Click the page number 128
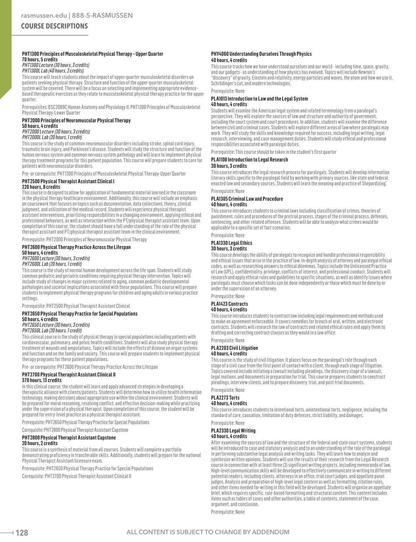pyautogui.click(x=22, y=533)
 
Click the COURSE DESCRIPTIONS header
pyautogui.click(x=54, y=26)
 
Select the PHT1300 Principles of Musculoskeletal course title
pyautogui.click(x=92, y=54)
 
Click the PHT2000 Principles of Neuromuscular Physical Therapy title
pyautogui.click(x=76, y=120)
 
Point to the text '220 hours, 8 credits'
pyautogui.click(x=41, y=187)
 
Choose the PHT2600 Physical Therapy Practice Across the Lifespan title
pyautogui.click(x=76, y=247)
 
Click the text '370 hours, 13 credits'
pyautogui.click(x=42, y=380)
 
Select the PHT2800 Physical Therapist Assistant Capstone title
pyautogui.click(x=69, y=438)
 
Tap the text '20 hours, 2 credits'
pyautogui.click(x=40, y=443)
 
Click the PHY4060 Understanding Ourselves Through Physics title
pyautogui.click(x=261, y=54)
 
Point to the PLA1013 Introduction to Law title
pyautogui.click(x=259, y=99)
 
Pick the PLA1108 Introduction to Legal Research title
pyautogui.click(x=249, y=160)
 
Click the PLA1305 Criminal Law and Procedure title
pyautogui.click(x=247, y=199)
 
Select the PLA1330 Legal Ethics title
pyautogui.click(x=231, y=243)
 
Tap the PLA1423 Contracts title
pyautogui.click(x=229, y=304)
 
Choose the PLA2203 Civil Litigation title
pyautogui.click(x=234, y=348)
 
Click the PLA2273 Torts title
pyautogui.click(x=225, y=398)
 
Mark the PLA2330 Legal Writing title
pyautogui.click(x=233, y=431)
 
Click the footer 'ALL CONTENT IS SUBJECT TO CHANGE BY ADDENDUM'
pyautogui.click(x=208, y=532)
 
